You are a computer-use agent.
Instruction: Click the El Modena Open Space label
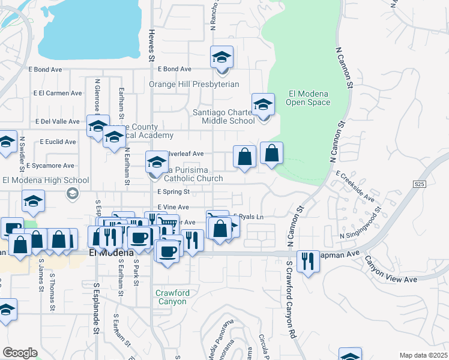pos(309,98)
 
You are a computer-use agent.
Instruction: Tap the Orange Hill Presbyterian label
pos(194,85)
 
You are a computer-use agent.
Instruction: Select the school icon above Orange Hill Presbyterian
pos(221,58)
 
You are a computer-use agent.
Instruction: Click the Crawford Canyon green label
pos(172,297)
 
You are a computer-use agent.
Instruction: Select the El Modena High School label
pos(46,180)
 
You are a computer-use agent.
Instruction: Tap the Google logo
pos(20,353)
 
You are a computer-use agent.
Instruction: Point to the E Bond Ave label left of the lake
pos(46,70)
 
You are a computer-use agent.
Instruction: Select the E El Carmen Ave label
pos(58,93)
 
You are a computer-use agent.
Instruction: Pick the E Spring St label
pos(173,192)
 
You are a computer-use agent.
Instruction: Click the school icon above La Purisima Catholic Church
pos(157,162)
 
